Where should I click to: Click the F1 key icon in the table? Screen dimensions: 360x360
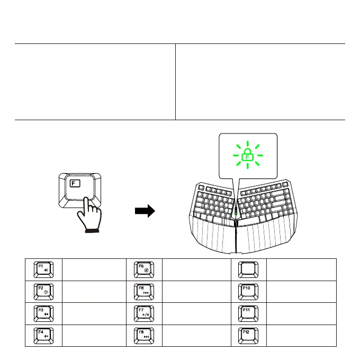click(x=43, y=269)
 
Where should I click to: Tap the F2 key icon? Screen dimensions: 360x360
click(x=43, y=292)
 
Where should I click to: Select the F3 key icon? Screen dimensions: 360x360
click(x=43, y=313)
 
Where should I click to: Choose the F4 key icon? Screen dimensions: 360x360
click(x=43, y=336)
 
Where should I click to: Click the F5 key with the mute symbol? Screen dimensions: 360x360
click(x=144, y=269)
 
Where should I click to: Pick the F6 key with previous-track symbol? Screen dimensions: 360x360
click(x=144, y=292)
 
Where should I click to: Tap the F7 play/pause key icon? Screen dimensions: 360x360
click(x=144, y=313)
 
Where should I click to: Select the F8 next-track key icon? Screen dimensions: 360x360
click(x=144, y=336)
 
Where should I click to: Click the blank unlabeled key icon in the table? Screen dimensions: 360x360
click(x=249, y=269)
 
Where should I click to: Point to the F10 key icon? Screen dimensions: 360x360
click(x=249, y=292)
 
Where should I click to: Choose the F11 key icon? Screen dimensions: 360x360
click(x=249, y=313)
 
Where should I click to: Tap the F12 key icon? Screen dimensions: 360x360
click(x=249, y=336)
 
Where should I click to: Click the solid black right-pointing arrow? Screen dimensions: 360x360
click(x=144, y=212)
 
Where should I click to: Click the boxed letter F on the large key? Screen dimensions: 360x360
click(x=75, y=185)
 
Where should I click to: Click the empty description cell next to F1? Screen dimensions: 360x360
click(x=94, y=269)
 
